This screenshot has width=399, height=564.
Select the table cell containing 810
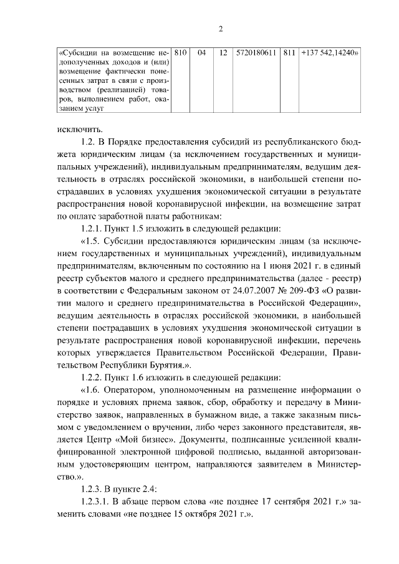pos(181,52)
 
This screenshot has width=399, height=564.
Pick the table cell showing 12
pos(223,52)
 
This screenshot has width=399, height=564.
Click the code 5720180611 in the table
pos(257,52)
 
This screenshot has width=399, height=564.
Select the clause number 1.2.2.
pos(93,376)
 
